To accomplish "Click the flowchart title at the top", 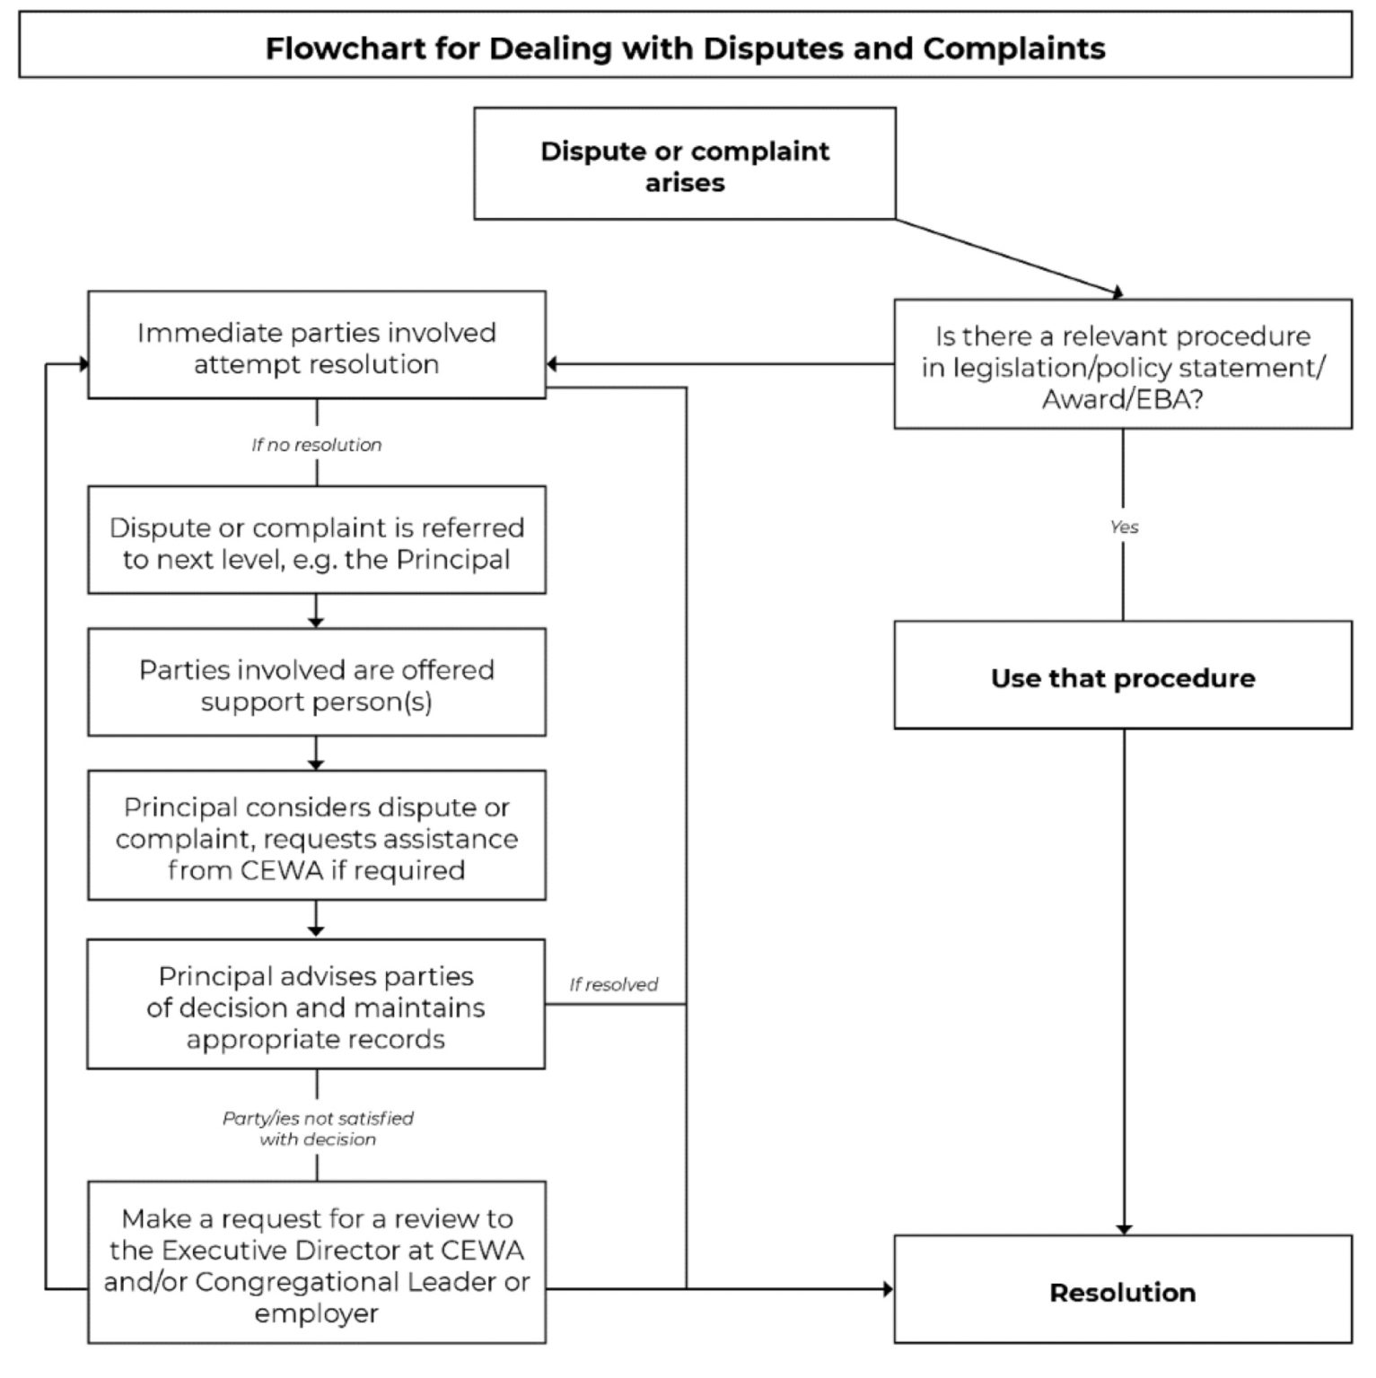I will [685, 48].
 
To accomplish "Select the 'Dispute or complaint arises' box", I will [684, 164].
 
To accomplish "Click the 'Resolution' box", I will [1122, 1291].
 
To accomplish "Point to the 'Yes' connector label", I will [1124, 527].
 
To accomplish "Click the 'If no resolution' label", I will [316, 445].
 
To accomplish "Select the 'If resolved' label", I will [613, 984].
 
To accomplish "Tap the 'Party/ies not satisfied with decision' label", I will [318, 1129].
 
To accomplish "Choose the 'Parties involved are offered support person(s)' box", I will [316, 685].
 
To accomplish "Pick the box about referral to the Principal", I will [316, 542].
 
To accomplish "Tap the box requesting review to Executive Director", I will [316, 1264].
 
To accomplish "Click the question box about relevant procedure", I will [1122, 366].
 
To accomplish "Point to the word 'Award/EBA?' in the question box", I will [1122, 398].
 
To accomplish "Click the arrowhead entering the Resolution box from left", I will [888, 1289].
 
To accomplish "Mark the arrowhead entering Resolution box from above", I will [1124, 1228].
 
